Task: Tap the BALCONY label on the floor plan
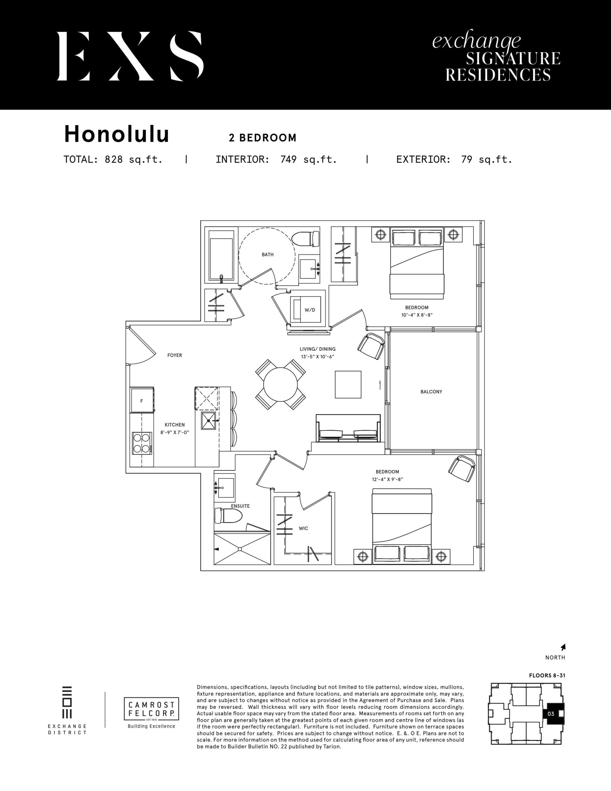[x=431, y=391]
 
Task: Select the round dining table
[x=280, y=385]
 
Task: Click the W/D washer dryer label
[x=310, y=310]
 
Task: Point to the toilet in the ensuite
[x=228, y=516]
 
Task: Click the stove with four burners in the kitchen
[x=141, y=443]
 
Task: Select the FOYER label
[x=175, y=355]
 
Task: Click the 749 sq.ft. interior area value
[x=309, y=160]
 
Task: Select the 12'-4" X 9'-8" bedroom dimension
[x=387, y=479]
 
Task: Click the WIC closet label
[x=304, y=528]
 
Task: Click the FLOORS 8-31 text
[x=547, y=675]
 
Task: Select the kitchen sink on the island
[x=208, y=421]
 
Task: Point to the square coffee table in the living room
[x=348, y=385]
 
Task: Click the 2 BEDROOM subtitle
[x=263, y=138]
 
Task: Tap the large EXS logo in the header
[x=130, y=56]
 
